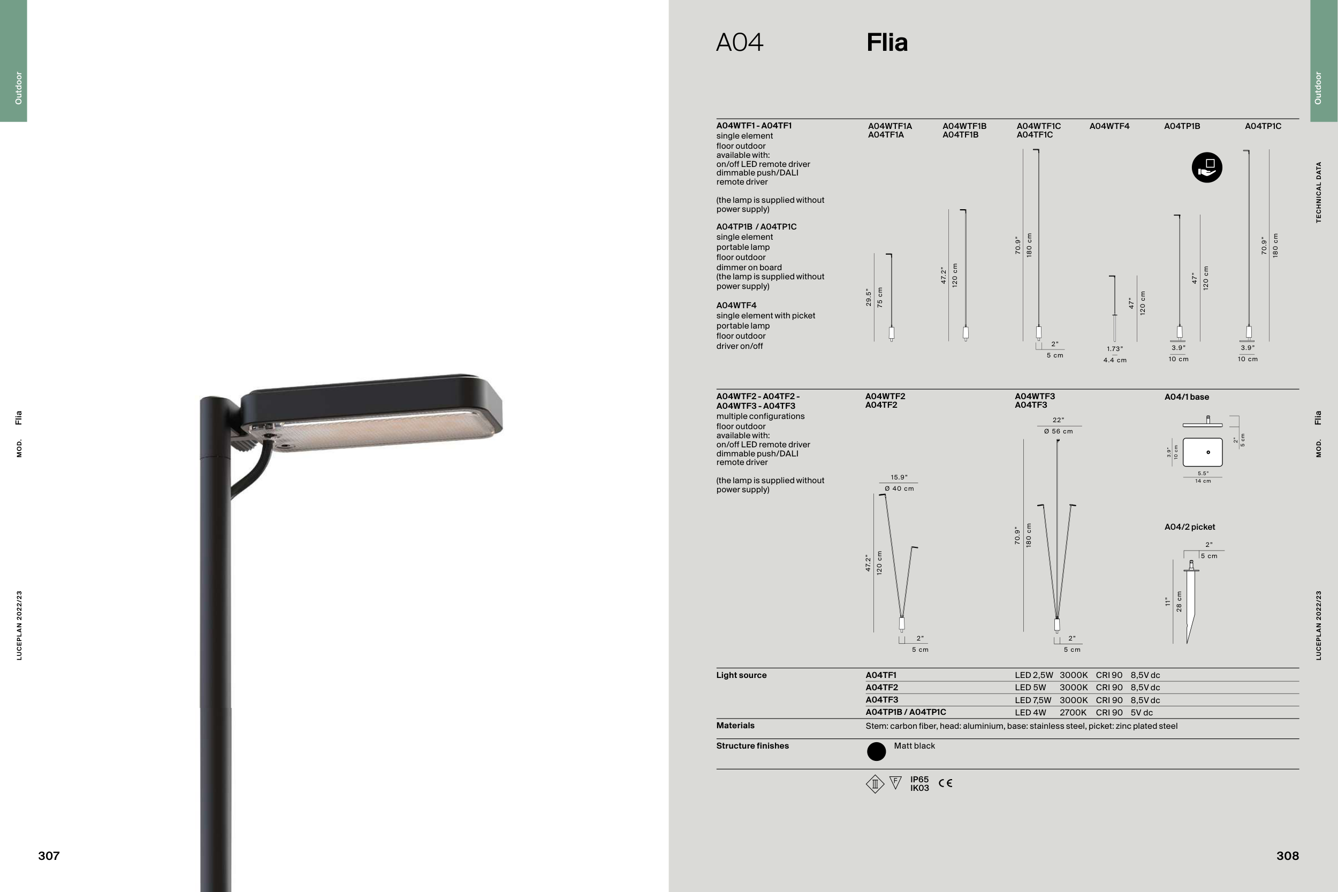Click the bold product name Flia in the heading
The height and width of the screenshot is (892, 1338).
(887, 43)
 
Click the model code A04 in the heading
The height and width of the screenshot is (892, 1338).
(740, 43)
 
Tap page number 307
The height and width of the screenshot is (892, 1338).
(49, 856)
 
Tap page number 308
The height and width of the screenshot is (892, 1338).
(1287, 856)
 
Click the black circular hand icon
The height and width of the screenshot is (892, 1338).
(1206, 167)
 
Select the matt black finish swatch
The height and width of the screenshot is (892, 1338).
(876, 751)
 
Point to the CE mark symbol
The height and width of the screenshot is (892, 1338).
(946, 783)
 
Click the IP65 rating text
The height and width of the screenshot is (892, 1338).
(919, 779)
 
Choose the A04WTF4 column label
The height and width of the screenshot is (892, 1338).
(1109, 126)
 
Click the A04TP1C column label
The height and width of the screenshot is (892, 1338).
(1263, 126)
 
